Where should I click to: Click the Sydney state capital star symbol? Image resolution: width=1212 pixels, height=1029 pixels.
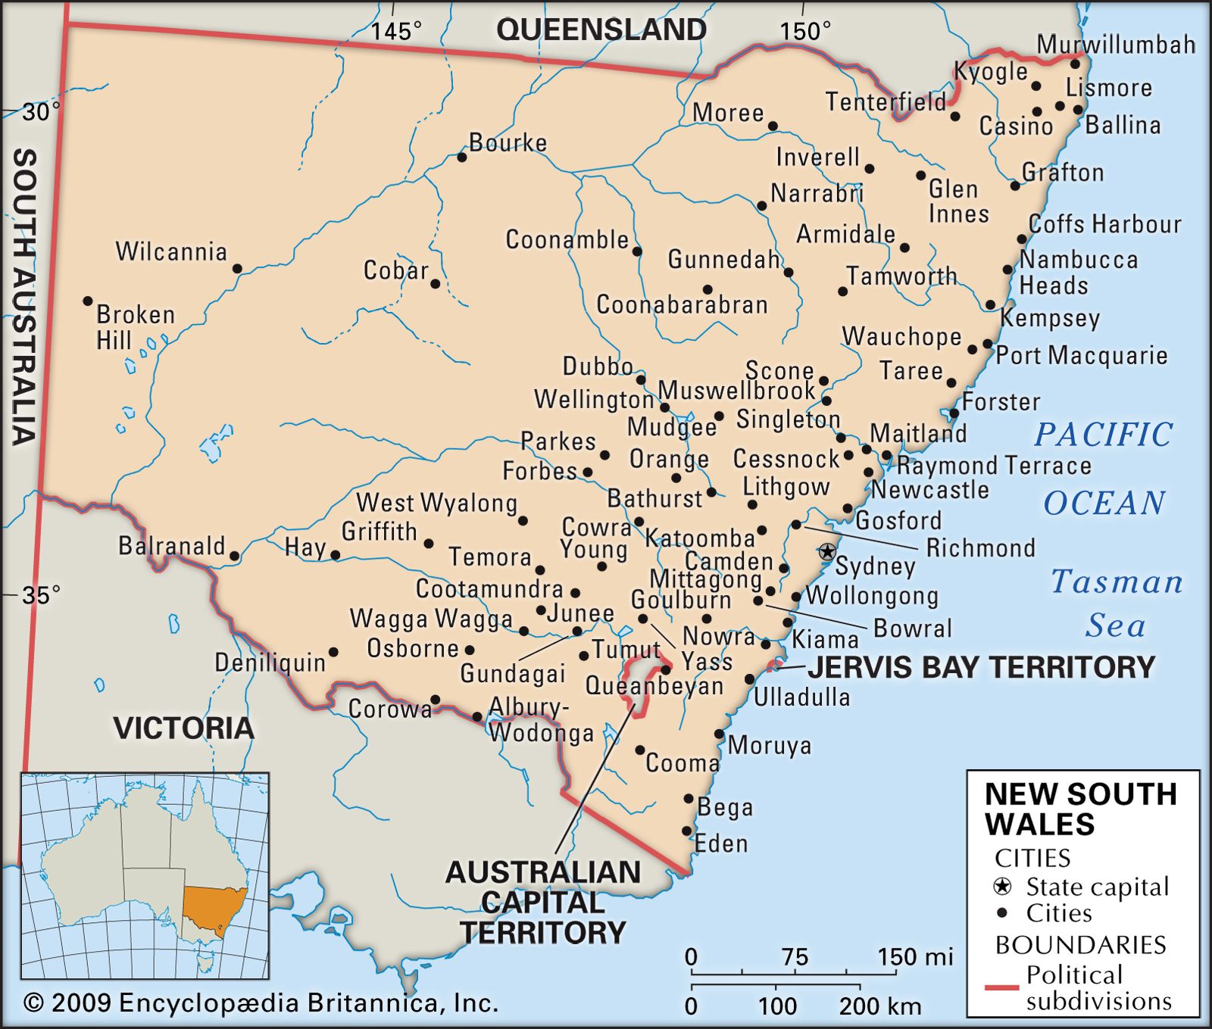click(x=827, y=551)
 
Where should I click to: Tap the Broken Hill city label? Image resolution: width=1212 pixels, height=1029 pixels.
click(x=134, y=327)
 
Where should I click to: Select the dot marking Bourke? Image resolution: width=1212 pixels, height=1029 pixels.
click(x=461, y=157)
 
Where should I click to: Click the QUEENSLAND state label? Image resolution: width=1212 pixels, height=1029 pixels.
click(x=601, y=30)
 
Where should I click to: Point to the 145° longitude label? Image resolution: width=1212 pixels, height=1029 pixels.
click(x=395, y=31)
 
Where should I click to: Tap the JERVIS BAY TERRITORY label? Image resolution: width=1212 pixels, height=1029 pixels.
click(x=981, y=668)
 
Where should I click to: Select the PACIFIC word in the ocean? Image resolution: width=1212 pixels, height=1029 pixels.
click(x=1103, y=435)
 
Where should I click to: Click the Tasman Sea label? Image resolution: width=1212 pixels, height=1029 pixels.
click(x=1117, y=603)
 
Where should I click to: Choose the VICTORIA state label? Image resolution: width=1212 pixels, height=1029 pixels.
click(x=183, y=728)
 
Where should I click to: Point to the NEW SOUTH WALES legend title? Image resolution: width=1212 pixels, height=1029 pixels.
click(x=1080, y=809)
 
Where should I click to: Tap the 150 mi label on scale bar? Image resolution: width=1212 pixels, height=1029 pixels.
click(x=915, y=957)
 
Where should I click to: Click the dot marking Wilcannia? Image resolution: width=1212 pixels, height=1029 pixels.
click(x=237, y=269)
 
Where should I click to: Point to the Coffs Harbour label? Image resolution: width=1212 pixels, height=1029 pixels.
click(x=1104, y=224)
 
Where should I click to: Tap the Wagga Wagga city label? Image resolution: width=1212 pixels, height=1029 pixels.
click(x=431, y=619)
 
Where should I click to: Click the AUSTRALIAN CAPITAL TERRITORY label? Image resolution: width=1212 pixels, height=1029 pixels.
click(x=542, y=902)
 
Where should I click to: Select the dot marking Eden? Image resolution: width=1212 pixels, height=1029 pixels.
click(x=687, y=831)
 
